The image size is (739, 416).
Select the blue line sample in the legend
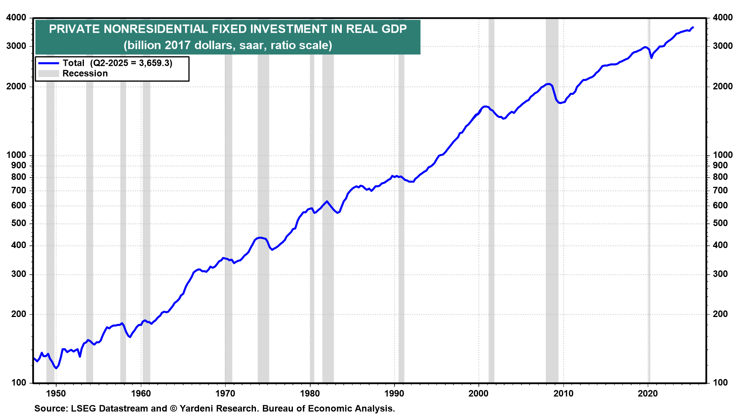[49, 63]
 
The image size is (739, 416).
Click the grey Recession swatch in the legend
[49, 74]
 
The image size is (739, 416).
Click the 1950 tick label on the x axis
[56, 393]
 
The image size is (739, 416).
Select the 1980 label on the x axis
[310, 393]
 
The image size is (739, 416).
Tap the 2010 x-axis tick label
[563, 393]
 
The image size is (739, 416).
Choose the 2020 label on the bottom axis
[648, 393]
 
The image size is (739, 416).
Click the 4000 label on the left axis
[17, 18]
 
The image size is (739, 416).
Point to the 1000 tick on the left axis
[17, 155]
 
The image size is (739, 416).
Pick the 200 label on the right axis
[721, 314]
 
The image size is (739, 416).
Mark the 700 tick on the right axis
[721, 190]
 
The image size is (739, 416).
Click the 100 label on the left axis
[19, 382]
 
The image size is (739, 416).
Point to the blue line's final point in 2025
[693, 27]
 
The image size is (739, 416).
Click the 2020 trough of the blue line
[651, 58]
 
